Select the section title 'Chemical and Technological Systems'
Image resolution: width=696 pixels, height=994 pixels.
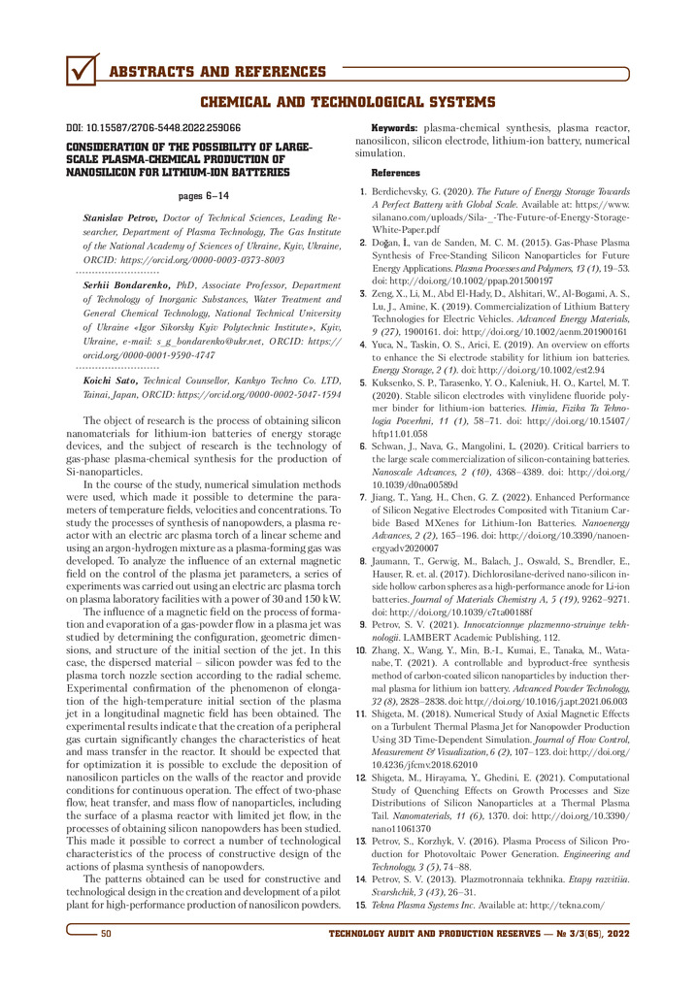coord(348,102)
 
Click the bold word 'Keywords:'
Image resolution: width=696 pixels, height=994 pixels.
coord(396,128)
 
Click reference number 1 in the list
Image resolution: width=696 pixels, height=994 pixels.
coord(363,194)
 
